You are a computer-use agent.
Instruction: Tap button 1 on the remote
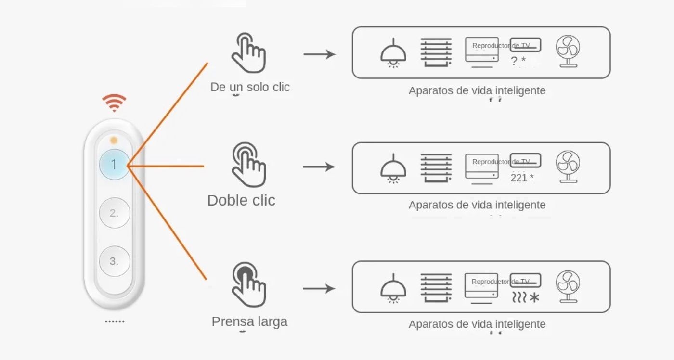click(x=114, y=165)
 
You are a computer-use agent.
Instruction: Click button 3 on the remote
click(x=114, y=261)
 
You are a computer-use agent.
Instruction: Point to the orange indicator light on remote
click(x=114, y=140)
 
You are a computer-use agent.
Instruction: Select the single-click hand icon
click(x=248, y=53)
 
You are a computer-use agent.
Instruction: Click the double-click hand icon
click(x=248, y=165)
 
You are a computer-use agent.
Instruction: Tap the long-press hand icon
click(x=248, y=284)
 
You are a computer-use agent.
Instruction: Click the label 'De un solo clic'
click(x=250, y=87)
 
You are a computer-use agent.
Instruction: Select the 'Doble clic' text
click(x=241, y=200)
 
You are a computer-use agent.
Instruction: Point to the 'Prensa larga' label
click(x=249, y=321)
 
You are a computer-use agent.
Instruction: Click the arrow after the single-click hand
click(x=319, y=54)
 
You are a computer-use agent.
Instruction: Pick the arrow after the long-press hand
click(x=319, y=289)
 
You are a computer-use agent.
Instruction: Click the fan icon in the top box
click(x=568, y=52)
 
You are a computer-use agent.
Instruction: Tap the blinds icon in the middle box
click(x=436, y=167)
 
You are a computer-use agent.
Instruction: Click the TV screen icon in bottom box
click(x=481, y=288)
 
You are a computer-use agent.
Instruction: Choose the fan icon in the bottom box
click(x=568, y=287)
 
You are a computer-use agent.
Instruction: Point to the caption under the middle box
click(x=477, y=205)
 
